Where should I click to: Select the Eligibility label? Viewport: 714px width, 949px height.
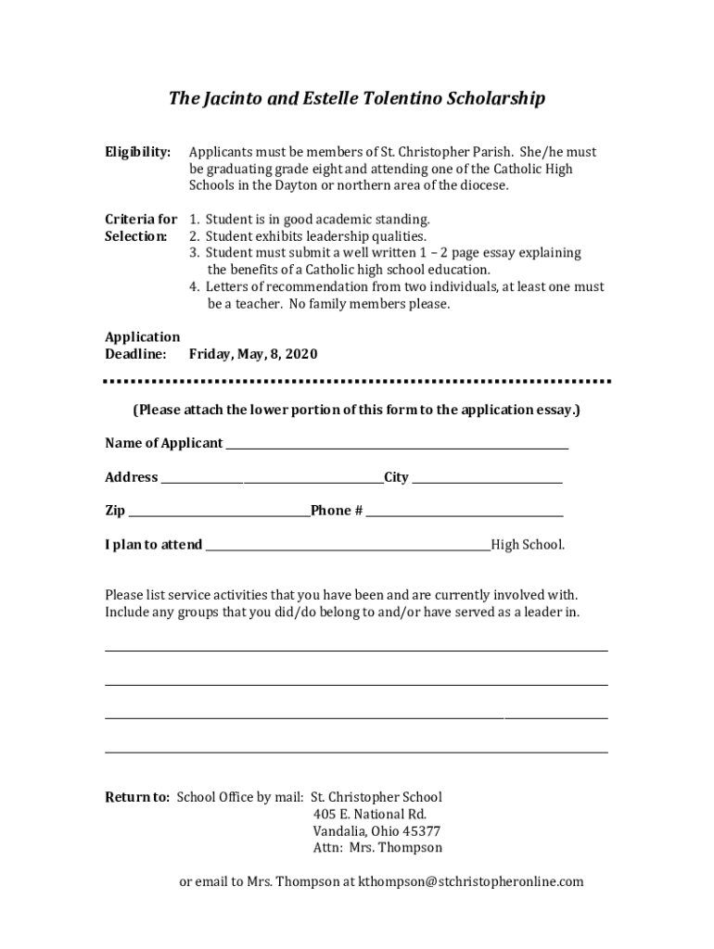click(x=137, y=152)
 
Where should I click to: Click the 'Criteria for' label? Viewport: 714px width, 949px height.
click(x=141, y=220)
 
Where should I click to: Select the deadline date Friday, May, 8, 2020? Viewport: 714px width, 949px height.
click(x=253, y=354)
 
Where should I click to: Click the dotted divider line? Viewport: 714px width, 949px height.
click(x=357, y=382)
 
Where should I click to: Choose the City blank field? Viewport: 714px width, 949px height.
click(x=487, y=479)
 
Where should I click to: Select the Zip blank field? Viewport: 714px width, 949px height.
click(x=219, y=512)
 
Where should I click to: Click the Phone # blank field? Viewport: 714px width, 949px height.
click(x=465, y=512)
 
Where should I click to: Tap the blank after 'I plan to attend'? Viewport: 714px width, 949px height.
click(x=348, y=547)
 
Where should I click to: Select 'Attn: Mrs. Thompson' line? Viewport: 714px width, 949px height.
click(x=377, y=848)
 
